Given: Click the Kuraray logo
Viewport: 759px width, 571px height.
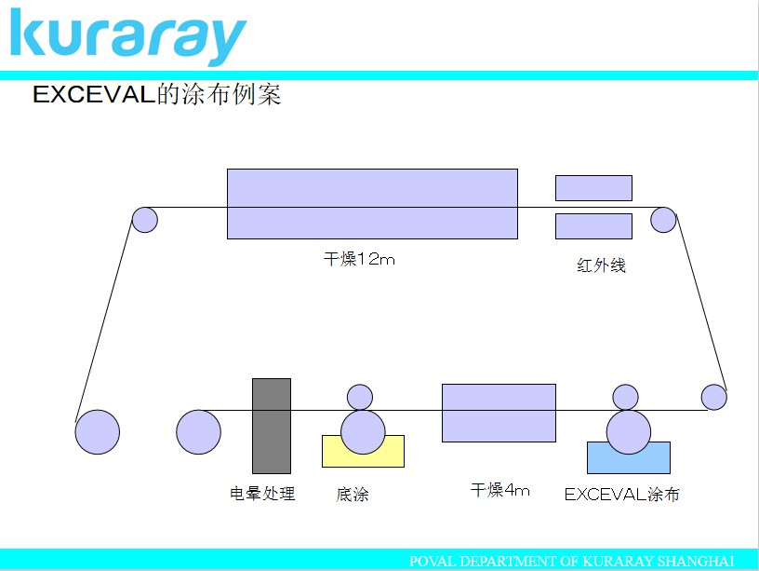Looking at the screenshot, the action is coord(128,37).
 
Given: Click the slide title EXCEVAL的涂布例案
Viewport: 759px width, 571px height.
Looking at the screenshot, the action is coord(157,94).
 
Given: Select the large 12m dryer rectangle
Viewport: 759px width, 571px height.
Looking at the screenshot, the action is coord(372,204).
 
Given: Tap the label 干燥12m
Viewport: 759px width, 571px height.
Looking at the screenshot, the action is coord(359,259).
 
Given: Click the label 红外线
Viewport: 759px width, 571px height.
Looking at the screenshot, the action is coord(601,265).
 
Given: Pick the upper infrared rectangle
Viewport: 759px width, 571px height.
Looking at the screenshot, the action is coord(593,188).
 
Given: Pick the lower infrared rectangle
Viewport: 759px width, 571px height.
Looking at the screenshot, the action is coord(593,226).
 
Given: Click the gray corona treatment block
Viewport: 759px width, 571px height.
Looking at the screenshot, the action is coord(272,426).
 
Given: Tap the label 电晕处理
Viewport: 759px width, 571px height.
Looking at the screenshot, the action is coord(262,494).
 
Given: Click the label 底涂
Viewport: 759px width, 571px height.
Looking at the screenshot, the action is coord(353,495).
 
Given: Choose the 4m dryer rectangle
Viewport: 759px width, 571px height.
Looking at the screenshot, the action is coord(499,413).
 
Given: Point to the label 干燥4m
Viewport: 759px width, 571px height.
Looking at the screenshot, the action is coord(500,490).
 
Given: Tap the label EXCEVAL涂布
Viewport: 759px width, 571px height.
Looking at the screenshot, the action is coord(622,494).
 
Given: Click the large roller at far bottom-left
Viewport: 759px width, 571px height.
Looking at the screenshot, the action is coord(98,432).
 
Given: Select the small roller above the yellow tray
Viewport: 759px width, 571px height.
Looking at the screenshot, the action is coord(360,397).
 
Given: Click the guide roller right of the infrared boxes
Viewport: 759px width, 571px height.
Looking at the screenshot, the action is coord(663,220).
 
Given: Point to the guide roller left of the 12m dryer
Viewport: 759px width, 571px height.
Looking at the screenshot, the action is coord(145,220).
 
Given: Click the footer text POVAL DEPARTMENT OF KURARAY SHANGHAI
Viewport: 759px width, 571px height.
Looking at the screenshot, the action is coord(572,561).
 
